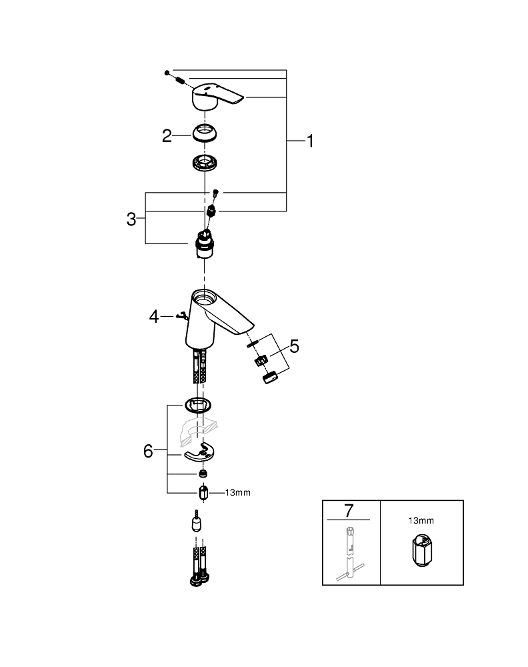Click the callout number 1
(309, 141)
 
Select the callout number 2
(167, 136)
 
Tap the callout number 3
(131, 218)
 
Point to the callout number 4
(154, 315)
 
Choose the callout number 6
(148, 451)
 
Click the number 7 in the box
(348, 511)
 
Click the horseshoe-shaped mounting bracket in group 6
(201, 454)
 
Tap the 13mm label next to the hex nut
(239, 493)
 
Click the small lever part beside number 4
(179, 316)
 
